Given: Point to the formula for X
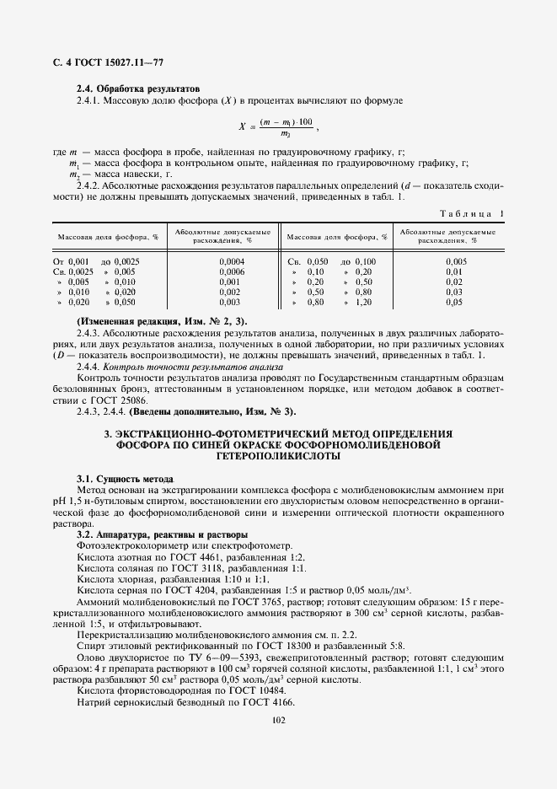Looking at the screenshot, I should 279,127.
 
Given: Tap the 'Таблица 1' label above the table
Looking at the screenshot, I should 473,214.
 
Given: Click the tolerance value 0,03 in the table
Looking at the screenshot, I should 454,292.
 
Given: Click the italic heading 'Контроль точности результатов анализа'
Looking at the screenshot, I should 193,366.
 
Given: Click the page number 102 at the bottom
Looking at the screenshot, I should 278,720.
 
